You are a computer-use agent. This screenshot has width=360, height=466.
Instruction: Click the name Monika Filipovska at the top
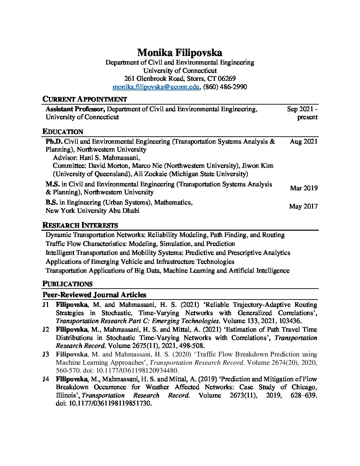tap(180, 52)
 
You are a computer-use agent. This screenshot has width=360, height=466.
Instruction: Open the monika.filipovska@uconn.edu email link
tap(156, 87)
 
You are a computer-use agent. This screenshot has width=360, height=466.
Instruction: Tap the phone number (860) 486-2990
tap(225, 87)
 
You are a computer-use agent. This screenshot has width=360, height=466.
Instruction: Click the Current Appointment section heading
tap(85, 99)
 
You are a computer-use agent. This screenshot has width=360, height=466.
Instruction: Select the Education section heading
tap(63, 132)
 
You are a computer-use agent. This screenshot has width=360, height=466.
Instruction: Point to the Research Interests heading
tap(80, 225)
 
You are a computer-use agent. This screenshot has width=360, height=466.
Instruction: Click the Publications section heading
tap(67, 284)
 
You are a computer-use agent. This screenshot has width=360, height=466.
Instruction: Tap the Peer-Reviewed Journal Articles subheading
tap(94, 295)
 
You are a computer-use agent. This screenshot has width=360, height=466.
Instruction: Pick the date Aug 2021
tap(303, 142)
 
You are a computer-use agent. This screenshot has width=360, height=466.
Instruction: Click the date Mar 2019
tap(304, 188)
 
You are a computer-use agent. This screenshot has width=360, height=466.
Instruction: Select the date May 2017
tap(303, 207)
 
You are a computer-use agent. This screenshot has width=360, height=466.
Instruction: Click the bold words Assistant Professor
tap(75, 109)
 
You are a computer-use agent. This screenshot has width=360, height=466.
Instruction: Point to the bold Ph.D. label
tap(54, 142)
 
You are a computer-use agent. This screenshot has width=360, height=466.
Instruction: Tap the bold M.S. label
tap(53, 184)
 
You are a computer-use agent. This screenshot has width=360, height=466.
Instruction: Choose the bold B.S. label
tap(52, 203)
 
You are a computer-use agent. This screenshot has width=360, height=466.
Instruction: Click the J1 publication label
tap(46, 304)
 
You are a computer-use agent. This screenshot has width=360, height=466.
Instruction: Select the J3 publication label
tap(46, 354)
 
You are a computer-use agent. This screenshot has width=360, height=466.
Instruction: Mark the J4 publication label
tap(46, 379)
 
